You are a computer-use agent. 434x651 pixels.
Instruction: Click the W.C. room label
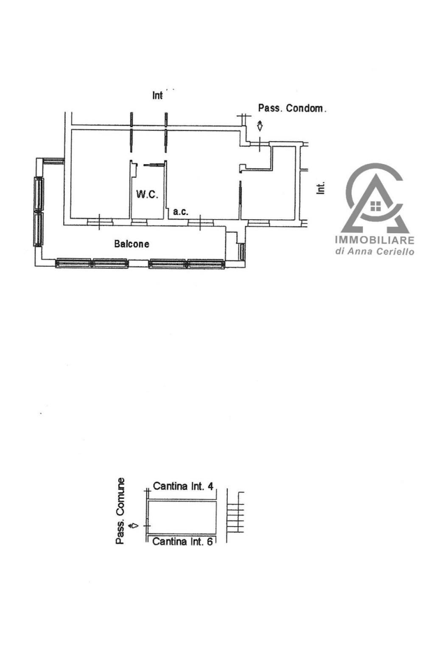[x=147, y=194]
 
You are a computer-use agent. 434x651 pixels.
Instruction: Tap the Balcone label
[x=132, y=243]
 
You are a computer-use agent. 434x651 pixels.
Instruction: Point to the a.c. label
[x=181, y=212]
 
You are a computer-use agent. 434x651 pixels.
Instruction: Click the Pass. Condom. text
[x=292, y=108]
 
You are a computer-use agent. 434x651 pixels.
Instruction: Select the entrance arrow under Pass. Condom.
[x=260, y=126]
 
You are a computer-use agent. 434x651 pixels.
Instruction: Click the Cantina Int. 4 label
[x=183, y=486]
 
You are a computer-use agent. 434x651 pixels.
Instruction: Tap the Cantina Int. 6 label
[x=182, y=542]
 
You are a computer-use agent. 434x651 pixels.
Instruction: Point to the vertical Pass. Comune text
[x=120, y=511]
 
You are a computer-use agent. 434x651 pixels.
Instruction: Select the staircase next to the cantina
[x=235, y=513]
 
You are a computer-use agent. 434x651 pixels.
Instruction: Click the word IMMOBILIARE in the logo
[x=375, y=240]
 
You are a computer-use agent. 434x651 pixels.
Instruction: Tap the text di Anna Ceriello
[x=375, y=251]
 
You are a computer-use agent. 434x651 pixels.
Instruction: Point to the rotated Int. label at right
[x=320, y=188]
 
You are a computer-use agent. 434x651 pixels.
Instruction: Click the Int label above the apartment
[x=157, y=95]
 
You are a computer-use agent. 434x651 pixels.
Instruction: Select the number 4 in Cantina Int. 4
[x=210, y=486]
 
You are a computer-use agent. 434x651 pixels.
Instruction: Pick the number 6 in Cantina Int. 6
[x=210, y=542]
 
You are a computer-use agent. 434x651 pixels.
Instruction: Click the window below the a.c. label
[x=200, y=223]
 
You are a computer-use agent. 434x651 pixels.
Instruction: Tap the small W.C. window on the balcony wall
[x=139, y=223]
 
